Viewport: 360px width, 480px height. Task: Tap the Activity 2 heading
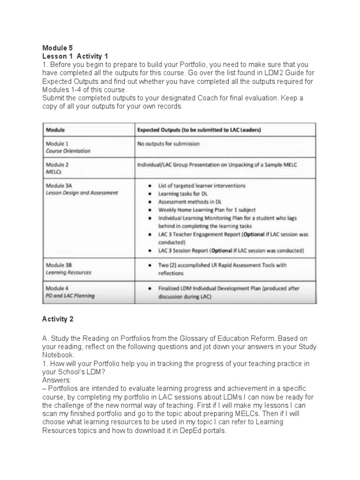[x=58, y=319]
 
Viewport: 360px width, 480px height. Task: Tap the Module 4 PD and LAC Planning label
[x=70, y=291]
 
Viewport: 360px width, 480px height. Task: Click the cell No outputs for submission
[x=168, y=144]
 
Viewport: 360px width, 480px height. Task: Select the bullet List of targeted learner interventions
[x=202, y=186]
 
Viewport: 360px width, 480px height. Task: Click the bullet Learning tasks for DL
[x=183, y=194]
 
